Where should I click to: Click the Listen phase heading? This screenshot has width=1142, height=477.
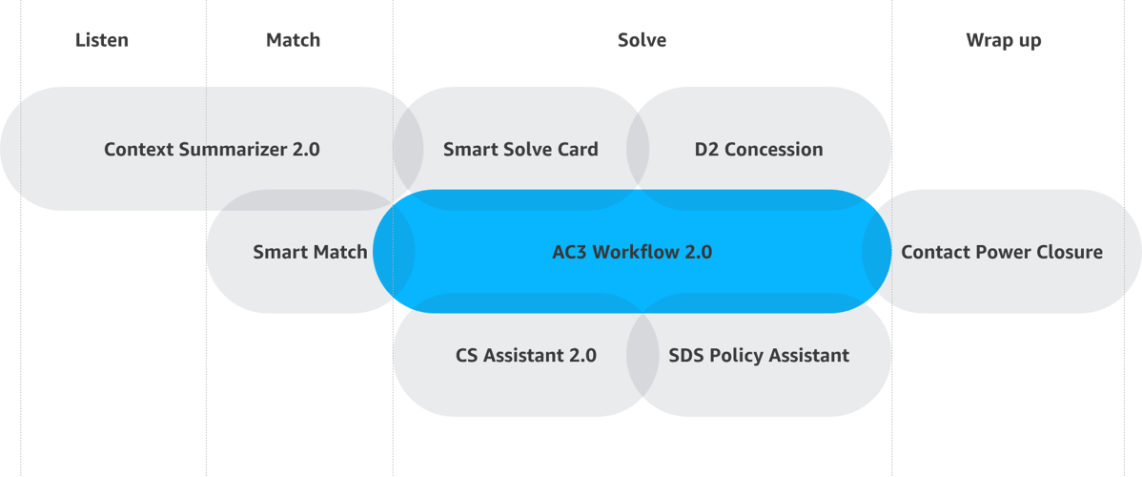point(102,40)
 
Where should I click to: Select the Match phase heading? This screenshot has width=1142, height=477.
point(293,40)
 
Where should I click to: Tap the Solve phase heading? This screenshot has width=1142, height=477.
point(642,40)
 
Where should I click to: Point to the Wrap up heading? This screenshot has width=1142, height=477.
point(1003,40)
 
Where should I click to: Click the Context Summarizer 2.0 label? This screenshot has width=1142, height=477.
point(212,149)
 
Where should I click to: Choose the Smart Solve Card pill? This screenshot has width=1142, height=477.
point(520,149)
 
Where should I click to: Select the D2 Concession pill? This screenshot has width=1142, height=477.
point(759,149)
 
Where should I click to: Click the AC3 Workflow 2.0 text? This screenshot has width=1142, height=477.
point(632,253)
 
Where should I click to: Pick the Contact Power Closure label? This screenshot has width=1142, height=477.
point(1002,253)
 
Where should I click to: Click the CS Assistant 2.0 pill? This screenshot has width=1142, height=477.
point(526,356)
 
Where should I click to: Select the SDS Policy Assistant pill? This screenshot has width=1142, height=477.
point(759,356)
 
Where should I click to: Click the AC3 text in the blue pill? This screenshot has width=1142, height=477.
point(569,253)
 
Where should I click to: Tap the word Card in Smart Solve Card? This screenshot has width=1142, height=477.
point(581,149)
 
